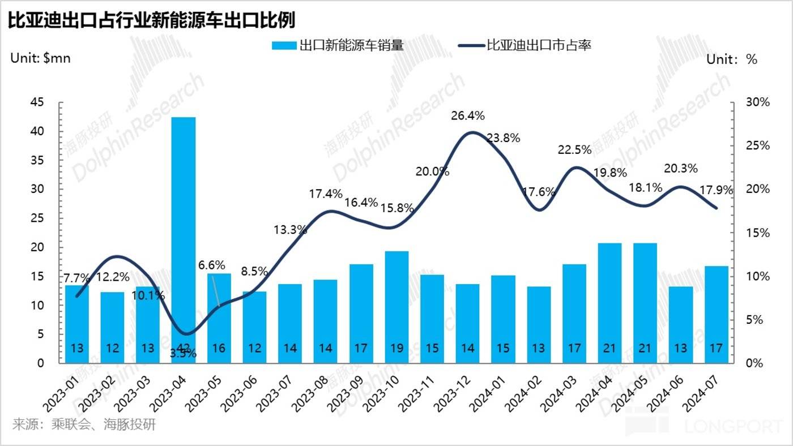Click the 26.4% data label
(x=468, y=116)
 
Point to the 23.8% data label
(x=503, y=138)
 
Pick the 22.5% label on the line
(x=574, y=150)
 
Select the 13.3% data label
(x=290, y=229)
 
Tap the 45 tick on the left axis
(x=37, y=102)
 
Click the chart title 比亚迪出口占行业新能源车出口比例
(x=152, y=20)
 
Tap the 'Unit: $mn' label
(x=40, y=58)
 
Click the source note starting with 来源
(x=84, y=424)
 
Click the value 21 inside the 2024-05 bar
(x=645, y=348)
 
